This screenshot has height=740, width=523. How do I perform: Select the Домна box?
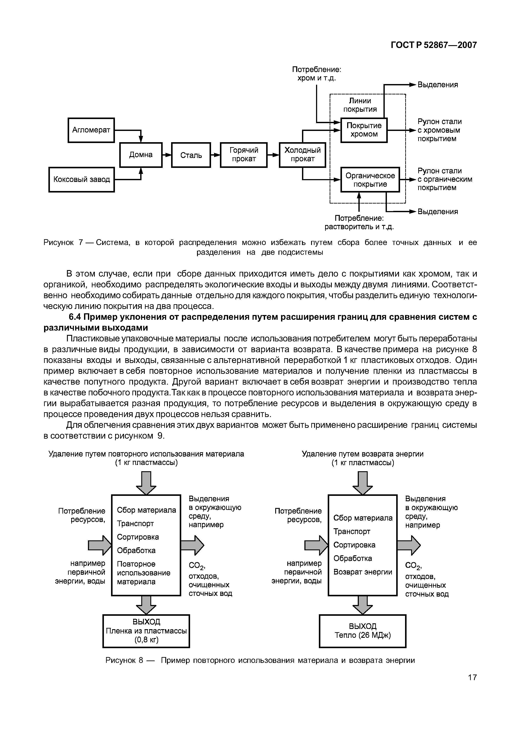pos(141,155)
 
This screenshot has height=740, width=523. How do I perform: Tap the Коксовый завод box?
pos(81,180)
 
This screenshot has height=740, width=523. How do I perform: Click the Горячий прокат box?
pos(244,155)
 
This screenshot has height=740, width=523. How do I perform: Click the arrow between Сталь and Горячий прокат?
pos(215,155)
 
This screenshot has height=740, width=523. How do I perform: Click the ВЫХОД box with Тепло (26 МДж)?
pos(362,631)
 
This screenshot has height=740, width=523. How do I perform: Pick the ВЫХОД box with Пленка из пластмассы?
pos(146,631)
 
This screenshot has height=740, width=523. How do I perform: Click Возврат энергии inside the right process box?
pos(362,572)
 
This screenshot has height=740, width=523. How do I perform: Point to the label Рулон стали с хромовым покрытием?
pos(439,130)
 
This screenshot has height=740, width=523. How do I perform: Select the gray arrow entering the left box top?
pos(146,482)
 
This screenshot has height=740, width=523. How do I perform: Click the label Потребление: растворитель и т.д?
pos(359,223)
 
